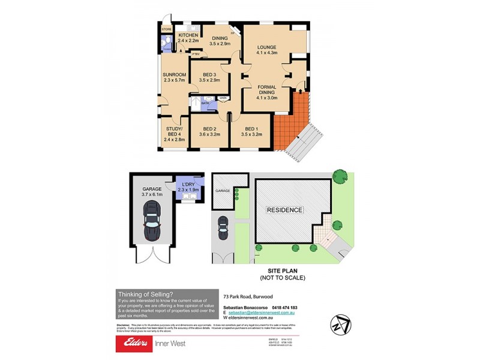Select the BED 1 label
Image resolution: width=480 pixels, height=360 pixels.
pyautogui.click(x=251, y=129)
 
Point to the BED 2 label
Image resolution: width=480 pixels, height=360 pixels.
pyautogui.click(x=209, y=129)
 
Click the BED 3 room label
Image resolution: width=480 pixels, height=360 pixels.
pyautogui.click(x=210, y=73)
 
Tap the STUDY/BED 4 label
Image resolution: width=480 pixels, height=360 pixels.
pyautogui.click(x=175, y=130)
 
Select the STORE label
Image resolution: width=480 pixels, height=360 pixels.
pyautogui.click(x=166, y=29)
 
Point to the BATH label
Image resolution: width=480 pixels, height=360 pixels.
pyautogui.click(x=205, y=103)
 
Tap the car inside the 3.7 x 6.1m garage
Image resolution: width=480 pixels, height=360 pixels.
pyautogui.click(x=152, y=220)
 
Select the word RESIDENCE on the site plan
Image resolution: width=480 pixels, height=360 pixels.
pyautogui.click(x=285, y=210)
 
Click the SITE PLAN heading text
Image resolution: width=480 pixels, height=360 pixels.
pyautogui.click(x=283, y=271)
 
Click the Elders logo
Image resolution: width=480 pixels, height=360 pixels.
pyautogui.click(x=138, y=344)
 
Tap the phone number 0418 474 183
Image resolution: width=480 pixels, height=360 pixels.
pyautogui.click(x=280, y=308)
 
